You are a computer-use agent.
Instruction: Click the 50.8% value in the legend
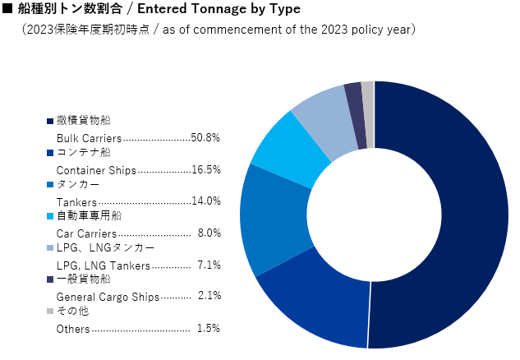[x=205, y=138]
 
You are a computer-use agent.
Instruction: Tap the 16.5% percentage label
[x=205, y=169]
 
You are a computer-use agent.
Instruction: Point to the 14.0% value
[x=205, y=201]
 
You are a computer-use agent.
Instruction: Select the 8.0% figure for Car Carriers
[x=209, y=233]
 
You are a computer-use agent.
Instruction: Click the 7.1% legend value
[x=209, y=265]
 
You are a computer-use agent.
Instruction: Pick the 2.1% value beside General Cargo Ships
[x=209, y=296]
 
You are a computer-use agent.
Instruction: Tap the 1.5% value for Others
[x=209, y=328]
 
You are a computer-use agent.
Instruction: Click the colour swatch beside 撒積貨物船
[x=50, y=122]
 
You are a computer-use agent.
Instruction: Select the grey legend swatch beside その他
[x=50, y=312]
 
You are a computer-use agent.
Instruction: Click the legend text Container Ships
[x=96, y=170]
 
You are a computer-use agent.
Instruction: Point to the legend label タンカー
[x=78, y=184]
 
